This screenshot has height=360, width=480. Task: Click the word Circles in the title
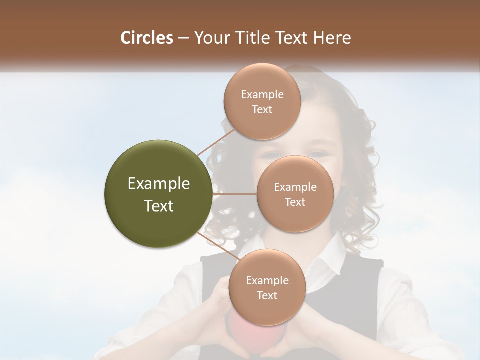point(146,38)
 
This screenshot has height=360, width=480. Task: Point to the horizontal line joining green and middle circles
point(235,194)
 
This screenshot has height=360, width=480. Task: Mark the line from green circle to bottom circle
point(219,247)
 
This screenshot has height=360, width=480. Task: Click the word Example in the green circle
point(159,184)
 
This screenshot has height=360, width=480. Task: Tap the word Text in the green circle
point(159,206)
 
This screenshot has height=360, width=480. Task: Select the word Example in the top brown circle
point(262,95)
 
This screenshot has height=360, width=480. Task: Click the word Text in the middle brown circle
point(295,202)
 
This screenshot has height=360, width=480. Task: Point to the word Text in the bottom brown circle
point(267,295)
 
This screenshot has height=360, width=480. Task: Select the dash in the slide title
point(183,38)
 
